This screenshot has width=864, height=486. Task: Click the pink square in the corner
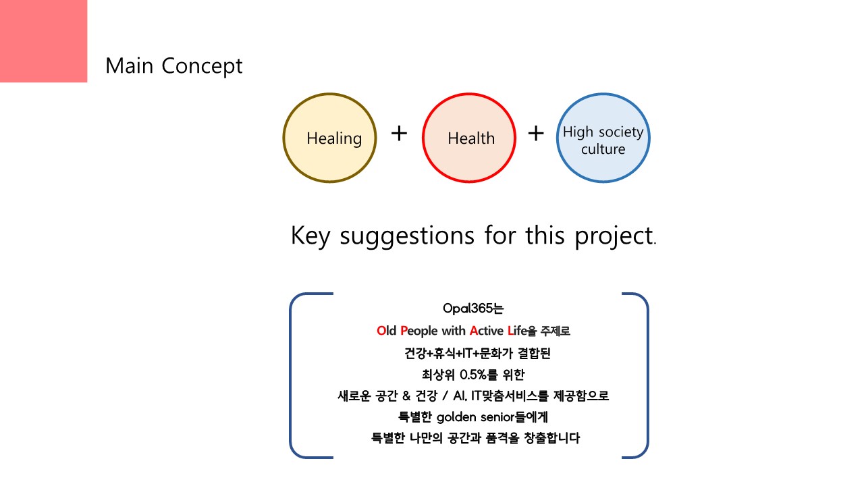coord(43,41)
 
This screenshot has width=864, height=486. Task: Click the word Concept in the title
coord(202,66)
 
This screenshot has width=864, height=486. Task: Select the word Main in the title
coord(130,65)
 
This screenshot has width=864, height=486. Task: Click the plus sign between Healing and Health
coord(399,134)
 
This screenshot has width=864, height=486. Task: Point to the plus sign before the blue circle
coord(536,134)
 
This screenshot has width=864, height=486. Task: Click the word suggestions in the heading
coord(407,236)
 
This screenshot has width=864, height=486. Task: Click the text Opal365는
coord(473,308)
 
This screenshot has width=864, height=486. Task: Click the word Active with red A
coord(487,331)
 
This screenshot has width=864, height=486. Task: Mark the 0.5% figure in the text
coord(477,375)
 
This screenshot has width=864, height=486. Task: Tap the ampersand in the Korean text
coord(406,396)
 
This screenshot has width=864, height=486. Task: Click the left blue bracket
coord(290,375)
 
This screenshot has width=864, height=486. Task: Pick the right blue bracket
coord(647,375)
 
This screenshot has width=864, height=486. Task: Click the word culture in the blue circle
coord(603,149)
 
